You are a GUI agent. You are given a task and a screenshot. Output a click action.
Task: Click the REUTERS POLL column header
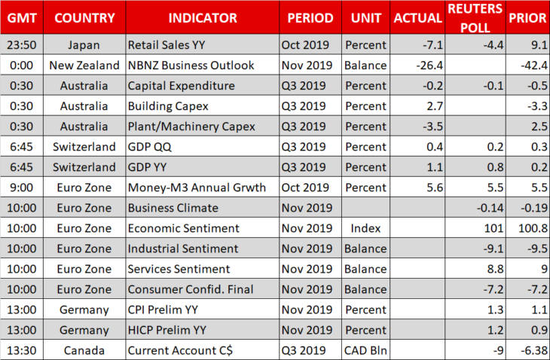pos(475,18)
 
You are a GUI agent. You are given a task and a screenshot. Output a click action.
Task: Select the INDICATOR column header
pos(203,18)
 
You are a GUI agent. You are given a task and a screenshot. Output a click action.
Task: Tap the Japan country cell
pos(84,45)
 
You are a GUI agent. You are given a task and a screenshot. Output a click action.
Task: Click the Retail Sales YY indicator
pos(167,45)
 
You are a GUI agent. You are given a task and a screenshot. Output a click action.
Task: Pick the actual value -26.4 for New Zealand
pos(429,66)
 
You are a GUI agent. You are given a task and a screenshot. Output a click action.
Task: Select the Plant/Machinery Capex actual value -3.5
pos(433,127)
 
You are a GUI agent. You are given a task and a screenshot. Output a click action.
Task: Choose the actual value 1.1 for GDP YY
pos(435,167)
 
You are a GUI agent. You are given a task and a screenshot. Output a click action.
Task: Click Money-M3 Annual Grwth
pos(197,188)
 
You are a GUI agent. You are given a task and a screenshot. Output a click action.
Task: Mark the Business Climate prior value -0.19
pos(534,208)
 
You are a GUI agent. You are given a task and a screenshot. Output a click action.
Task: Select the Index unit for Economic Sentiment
pos(365,228)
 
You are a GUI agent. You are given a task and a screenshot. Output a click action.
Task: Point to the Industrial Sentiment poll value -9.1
pos(493,249)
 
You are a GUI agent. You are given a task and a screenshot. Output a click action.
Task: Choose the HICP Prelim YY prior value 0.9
pos(539,330)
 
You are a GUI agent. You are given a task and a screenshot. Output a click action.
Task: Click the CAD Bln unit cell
pos(365,350)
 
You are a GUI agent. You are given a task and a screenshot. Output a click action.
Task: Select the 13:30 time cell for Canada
pos(22,350)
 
